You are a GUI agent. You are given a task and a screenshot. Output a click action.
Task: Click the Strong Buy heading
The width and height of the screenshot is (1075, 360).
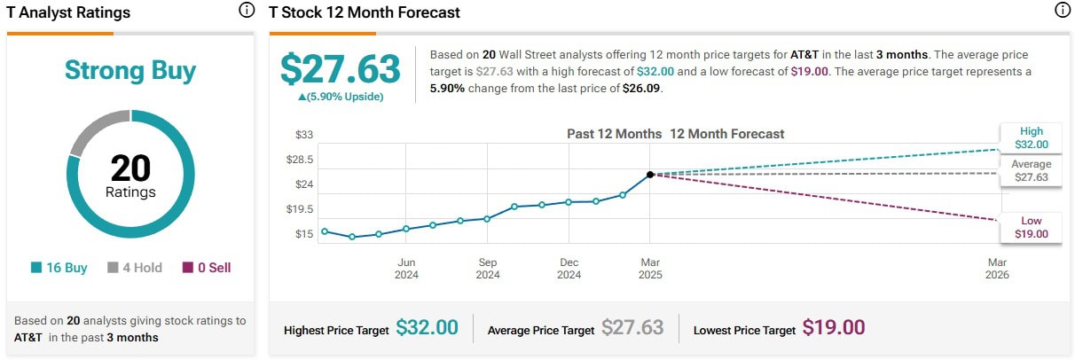click(130, 71)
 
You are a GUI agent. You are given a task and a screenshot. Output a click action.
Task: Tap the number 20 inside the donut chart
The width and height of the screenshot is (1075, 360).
click(130, 168)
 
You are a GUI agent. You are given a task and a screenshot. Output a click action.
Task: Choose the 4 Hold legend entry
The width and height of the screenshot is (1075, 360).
click(135, 267)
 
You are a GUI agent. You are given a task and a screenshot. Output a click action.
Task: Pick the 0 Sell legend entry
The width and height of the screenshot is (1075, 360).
click(207, 267)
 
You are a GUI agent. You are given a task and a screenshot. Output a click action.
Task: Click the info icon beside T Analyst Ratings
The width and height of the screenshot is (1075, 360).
click(246, 11)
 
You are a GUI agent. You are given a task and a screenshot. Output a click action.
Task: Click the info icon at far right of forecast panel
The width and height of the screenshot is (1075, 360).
click(1062, 11)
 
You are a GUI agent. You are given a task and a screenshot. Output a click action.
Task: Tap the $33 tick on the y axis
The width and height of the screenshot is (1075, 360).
click(304, 135)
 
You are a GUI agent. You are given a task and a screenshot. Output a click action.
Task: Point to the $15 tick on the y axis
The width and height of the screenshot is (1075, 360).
click(304, 234)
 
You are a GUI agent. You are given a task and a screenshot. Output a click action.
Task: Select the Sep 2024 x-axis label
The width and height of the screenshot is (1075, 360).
click(487, 268)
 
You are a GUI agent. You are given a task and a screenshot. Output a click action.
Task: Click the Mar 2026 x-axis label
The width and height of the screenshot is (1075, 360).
click(997, 268)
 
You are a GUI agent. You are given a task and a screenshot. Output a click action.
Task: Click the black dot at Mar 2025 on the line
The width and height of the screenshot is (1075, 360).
click(650, 175)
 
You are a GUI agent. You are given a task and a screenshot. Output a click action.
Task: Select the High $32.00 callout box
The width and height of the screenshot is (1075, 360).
click(1031, 137)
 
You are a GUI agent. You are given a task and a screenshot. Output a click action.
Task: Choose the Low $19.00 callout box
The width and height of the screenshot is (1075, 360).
click(1031, 227)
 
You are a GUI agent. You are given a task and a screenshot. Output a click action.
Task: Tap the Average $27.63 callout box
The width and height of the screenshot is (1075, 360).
click(1031, 170)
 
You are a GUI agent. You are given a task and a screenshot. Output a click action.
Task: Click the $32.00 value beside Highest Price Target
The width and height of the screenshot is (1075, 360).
click(427, 328)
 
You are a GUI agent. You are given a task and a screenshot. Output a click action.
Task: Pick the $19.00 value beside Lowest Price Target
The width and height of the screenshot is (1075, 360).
click(833, 328)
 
